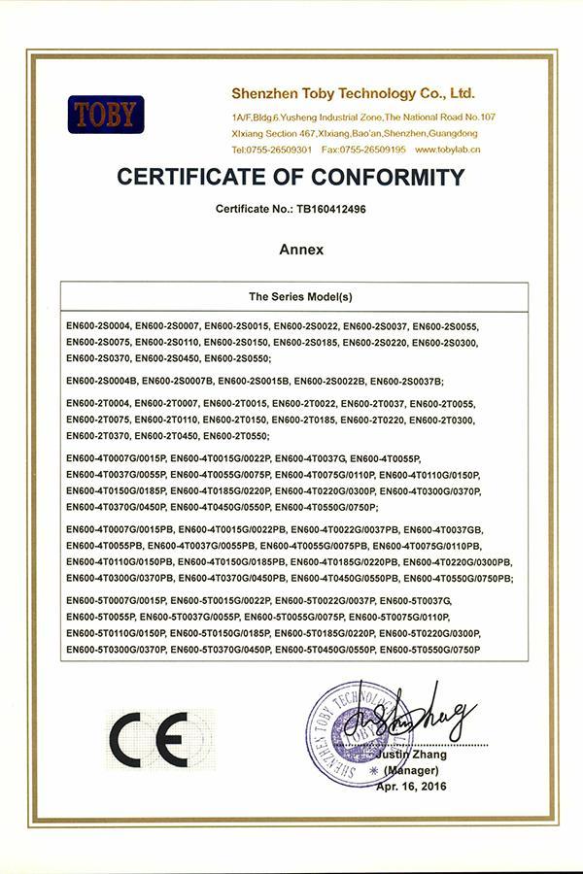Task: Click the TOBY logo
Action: (106, 114)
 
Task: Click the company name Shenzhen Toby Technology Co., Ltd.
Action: (353, 94)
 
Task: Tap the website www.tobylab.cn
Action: (448, 150)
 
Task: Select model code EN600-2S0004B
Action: (103, 381)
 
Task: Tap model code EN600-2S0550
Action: (239, 359)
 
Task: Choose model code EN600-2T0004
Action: (97, 403)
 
